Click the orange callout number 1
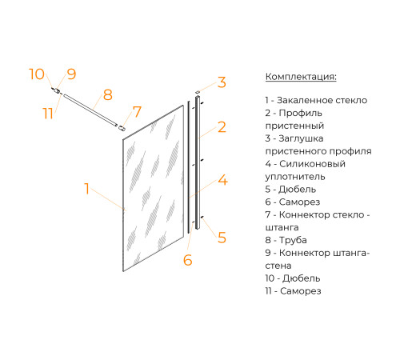(x=86, y=189)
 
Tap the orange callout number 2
(x=222, y=127)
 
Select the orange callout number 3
(x=222, y=82)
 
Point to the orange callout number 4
(x=222, y=180)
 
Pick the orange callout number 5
(x=222, y=238)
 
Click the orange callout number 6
(x=188, y=260)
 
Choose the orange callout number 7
(x=137, y=112)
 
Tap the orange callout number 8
(x=108, y=94)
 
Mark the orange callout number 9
(x=71, y=74)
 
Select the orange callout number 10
(x=37, y=74)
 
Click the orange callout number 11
(x=48, y=113)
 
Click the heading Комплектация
(x=301, y=77)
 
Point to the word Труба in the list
(x=293, y=240)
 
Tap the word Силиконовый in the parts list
(x=312, y=164)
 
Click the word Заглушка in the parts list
(x=301, y=138)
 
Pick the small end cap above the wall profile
(x=198, y=92)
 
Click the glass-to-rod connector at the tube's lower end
(x=122, y=128)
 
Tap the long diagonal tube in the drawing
(x=90, y=110)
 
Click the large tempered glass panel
(x=154, y=188)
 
